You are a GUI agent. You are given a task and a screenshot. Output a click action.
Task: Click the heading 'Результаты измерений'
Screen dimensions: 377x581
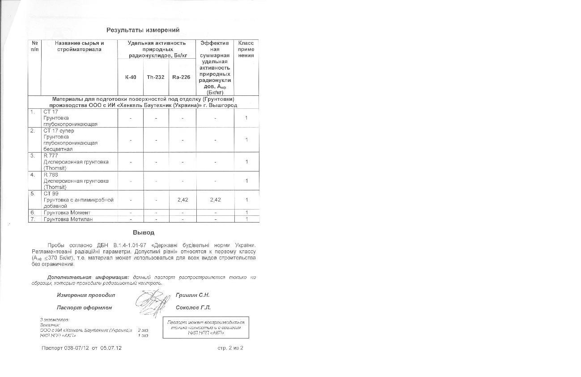pos(143,30)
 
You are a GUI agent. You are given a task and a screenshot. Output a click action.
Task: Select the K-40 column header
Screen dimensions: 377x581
pos(131,77)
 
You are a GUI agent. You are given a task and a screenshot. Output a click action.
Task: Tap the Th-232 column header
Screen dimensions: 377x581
pos(156,77)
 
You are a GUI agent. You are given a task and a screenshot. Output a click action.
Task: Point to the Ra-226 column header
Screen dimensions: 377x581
pos(181,77)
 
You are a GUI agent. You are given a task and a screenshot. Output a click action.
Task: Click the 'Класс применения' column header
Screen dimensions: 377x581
pos(246,49)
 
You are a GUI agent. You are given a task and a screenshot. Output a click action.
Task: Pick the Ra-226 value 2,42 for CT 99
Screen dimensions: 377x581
pos(182,200)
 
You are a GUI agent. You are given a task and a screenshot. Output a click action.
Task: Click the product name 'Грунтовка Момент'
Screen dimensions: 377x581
pos(67,213)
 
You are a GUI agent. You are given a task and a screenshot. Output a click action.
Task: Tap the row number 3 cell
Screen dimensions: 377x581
pos(33,156)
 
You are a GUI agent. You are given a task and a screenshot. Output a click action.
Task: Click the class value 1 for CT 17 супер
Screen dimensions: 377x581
pos(246,140)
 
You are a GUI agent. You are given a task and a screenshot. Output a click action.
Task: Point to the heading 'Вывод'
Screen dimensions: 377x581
pos(144,233)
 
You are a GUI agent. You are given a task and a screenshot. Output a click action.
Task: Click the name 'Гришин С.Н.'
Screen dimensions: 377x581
pos(193,295)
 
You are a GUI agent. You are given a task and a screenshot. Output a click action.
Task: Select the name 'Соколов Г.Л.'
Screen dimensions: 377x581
pos(193,308)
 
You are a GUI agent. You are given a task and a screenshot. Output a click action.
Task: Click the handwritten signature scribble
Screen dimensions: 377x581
pos(153,302)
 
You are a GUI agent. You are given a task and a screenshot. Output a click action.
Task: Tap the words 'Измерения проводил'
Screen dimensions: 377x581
pos(86,295)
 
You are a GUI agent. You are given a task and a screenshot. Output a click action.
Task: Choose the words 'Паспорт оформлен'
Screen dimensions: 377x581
pos(84,308)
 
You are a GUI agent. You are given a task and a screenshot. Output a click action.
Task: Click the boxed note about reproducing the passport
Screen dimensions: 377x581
pos(206,327)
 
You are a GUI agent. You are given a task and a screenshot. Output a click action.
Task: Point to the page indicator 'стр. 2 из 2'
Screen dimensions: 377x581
pos(230,347)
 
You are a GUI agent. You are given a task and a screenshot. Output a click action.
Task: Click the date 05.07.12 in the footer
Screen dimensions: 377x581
pos(111,348)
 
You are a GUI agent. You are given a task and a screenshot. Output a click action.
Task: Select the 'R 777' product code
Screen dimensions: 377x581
pos(51,156)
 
